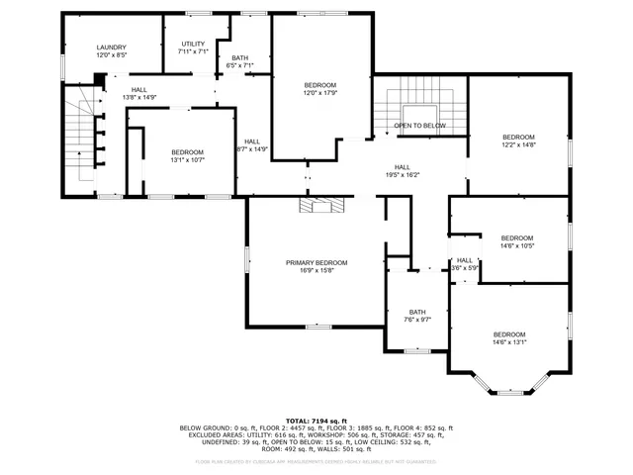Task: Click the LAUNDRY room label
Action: [112, 47]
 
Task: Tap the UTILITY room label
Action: [193, 45]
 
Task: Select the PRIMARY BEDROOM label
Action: [316, 262]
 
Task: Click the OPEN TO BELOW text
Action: [420, 126]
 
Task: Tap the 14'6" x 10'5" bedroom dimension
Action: [516, 246]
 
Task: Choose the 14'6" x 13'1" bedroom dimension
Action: [509, 343]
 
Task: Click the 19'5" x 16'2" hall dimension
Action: [403, 175]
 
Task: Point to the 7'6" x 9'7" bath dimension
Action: [417, 320]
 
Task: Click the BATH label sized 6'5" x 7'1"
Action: [240, 58]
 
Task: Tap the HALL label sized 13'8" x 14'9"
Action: [139, 90]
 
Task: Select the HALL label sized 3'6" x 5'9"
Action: [465, 260]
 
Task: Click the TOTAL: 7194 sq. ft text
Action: [316, 421]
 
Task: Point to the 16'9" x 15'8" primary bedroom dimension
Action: [316, 271]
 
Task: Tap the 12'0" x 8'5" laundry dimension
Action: [112, 56]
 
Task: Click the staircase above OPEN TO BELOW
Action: [419, 95]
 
